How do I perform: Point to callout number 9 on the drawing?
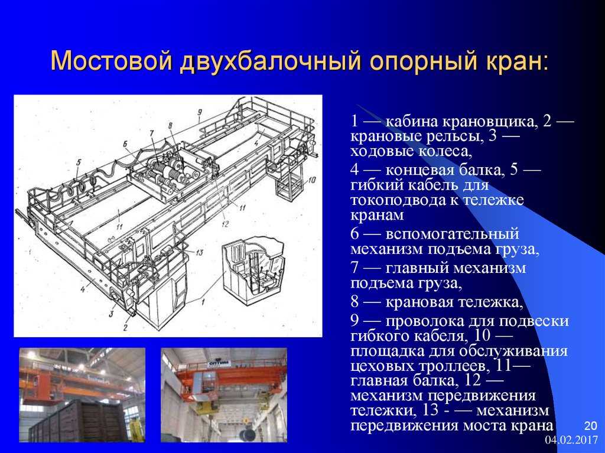(200, 113)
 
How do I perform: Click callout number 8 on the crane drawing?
(170, 125)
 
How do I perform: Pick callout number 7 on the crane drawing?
(152, 133)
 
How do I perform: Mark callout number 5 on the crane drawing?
(79, 162)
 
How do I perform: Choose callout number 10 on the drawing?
(312, 180)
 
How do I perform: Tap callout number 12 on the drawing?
(225, 224)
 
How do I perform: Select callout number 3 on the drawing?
(111, 314)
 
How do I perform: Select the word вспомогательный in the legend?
(452, 235)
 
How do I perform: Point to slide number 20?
(590, 426)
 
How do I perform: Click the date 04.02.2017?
(571, 440)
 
